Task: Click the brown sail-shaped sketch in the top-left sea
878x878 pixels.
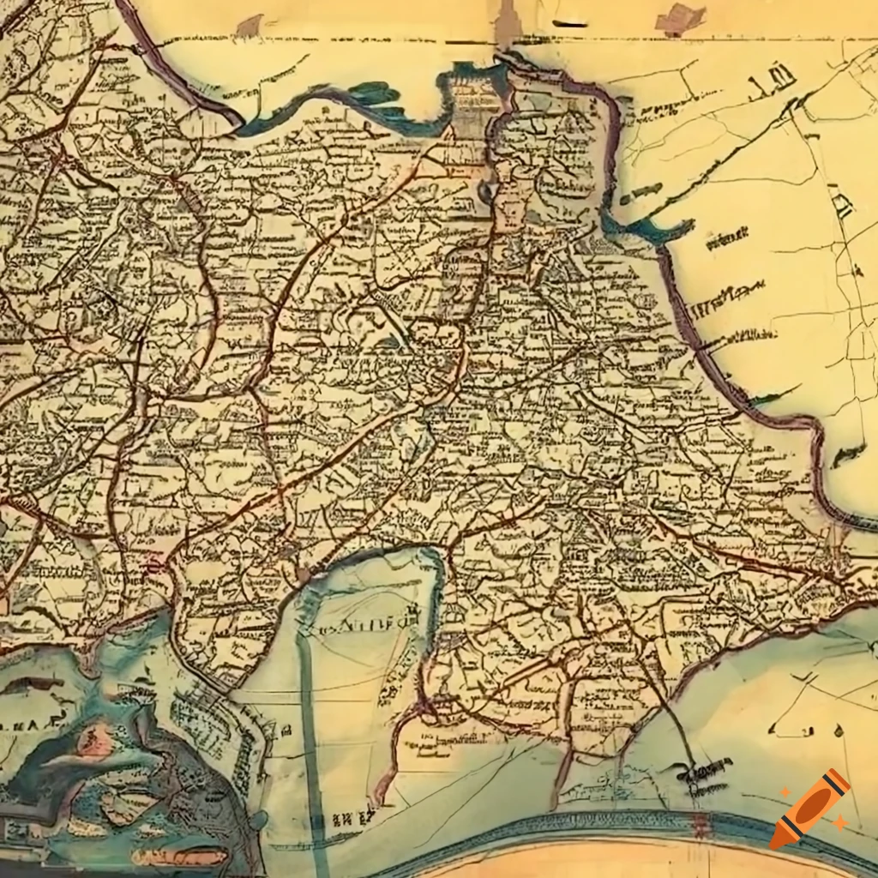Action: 250,27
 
